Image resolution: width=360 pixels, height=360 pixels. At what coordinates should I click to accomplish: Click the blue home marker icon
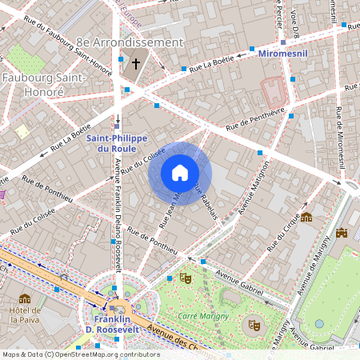[x=180, y=173]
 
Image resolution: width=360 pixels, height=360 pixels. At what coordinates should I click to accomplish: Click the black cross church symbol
[x=136, y=63]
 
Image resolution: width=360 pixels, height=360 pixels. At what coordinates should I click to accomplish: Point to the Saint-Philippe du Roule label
[x=116, y=143]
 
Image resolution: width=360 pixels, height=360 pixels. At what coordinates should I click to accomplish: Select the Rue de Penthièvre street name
[x=256, y=119]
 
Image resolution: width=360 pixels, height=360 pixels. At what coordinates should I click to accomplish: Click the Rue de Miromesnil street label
[x=342, y=136]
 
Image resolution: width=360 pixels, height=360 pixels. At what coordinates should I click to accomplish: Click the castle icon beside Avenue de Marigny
[x=343, y=234]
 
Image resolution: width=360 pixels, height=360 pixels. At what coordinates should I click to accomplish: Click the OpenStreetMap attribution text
[x=80, y=354]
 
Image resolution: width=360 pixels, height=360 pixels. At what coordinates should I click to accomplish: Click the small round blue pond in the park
[x=319, y=324]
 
